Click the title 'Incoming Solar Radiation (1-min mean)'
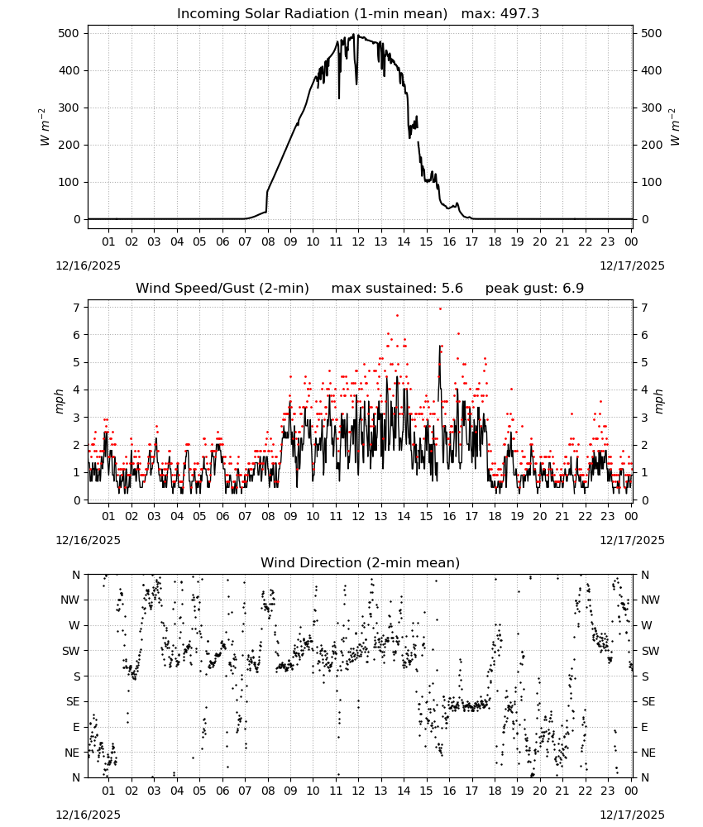coord(312,14)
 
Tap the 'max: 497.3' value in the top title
coord(500,14)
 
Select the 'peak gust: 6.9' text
coord(534,289)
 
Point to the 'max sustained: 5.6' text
coord(397,289)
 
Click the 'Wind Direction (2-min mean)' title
coord(361,562)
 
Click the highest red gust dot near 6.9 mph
coord(440,308)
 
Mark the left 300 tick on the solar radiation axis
coord(70,108)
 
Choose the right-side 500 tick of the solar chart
coord(651,33)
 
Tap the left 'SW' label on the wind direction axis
coord(70,651)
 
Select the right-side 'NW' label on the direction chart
coord(650,600)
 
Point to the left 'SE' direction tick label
coord(73,701)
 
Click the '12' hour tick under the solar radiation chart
coord(358,241)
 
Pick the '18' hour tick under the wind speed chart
coord(494,516)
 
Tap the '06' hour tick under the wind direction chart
coord(222,791)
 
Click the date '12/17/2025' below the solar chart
coord(632,265)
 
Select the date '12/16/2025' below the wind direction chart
coord(88,815)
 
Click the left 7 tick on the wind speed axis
coord(78,308)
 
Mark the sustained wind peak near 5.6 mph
coord(439,346)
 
